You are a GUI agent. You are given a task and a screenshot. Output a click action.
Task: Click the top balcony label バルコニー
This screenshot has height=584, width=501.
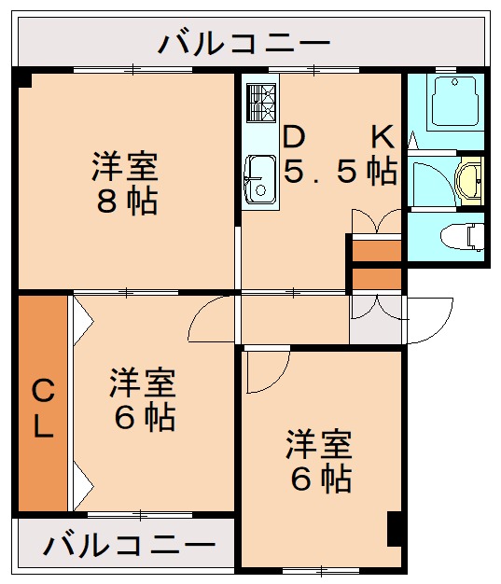[244, 43]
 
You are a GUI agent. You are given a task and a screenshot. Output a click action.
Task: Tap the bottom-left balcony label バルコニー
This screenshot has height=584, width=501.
[128, 544]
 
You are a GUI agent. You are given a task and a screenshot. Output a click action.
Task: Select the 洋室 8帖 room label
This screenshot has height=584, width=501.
[125, 184]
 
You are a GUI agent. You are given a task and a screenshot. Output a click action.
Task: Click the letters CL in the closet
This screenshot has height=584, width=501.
[43, 407]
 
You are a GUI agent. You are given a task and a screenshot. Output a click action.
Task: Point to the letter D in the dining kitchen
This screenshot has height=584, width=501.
[294, 137]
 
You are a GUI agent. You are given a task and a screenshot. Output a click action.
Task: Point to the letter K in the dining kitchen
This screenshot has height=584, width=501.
[383, 137]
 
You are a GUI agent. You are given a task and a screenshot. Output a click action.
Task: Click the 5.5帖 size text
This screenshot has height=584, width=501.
[341, 172]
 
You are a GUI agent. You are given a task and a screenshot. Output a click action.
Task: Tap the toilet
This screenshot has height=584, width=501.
[467, 235]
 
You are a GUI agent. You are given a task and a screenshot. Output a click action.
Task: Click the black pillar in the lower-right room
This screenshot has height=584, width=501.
[395, 530]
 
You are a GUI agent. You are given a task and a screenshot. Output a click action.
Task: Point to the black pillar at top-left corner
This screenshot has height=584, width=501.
[22, 78]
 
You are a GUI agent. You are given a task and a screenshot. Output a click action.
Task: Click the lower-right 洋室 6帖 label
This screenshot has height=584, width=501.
[318, 461]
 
